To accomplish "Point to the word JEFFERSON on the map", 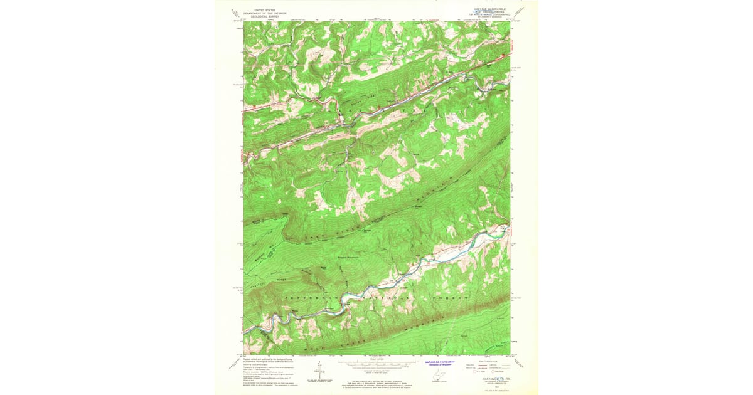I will [311, 297].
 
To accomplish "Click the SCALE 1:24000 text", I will [376, 359].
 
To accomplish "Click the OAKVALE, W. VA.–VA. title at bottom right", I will [489, 378].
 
